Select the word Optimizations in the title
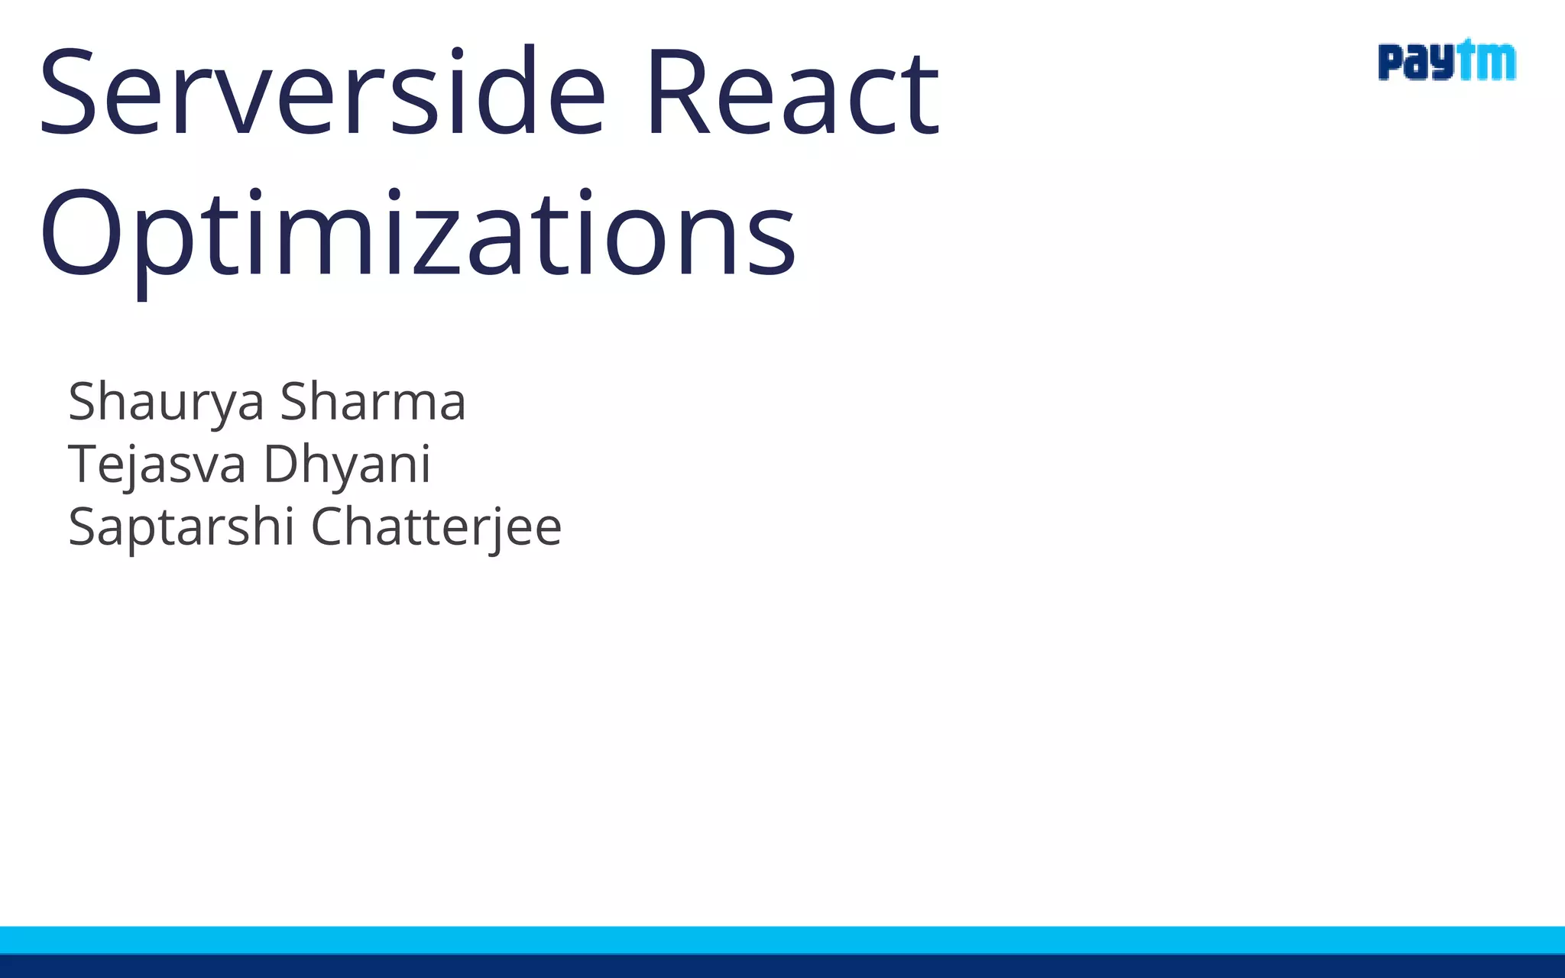point(417,233)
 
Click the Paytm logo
point(1447,61)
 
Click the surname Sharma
point(373,402)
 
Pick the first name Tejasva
point(157,465)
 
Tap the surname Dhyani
point(347,465)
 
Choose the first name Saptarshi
point(181,527)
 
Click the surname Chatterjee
point(436,527)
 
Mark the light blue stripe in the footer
point(782,940)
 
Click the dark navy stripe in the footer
point(782,967)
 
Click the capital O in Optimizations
point(80,233)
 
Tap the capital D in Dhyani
point(283,465)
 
